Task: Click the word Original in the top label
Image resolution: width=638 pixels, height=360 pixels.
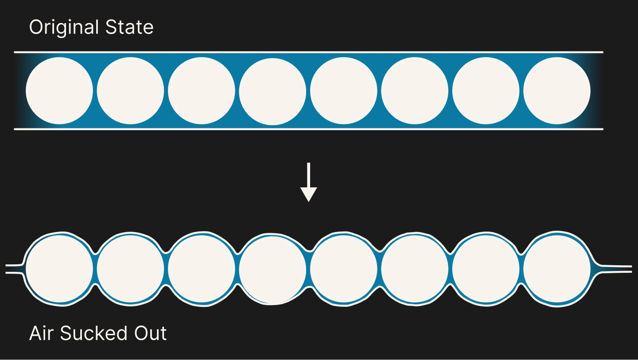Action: click(64, 27)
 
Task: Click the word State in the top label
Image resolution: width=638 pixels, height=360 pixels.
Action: click(129, 27)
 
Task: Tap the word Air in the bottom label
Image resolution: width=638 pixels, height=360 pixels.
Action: click(41, 333)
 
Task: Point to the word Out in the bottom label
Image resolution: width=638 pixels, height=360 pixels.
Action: click(150, 333)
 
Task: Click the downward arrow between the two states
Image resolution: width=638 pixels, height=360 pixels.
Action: click(308, 182)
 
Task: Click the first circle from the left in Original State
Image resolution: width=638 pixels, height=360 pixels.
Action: click(59, 90)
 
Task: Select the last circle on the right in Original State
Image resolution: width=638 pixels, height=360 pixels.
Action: click(557, 90)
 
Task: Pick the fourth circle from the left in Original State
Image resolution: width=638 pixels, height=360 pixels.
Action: click(272, 91)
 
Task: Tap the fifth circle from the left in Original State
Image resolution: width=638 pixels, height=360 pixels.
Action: click(343, 90)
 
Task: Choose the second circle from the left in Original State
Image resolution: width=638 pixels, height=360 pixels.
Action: click(130, 90)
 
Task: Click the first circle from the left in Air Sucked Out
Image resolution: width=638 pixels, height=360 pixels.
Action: click(59, 269)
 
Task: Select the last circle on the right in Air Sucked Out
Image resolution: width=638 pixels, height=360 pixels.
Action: click(557, 269)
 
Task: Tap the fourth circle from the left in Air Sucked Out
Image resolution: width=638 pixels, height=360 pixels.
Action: click(272, 270)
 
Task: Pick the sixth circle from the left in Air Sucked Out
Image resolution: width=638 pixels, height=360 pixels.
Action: click(415, 269)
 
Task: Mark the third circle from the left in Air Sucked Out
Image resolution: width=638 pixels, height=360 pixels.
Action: click(201, 269)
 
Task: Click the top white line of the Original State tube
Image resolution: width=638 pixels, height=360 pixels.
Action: click(308, 52)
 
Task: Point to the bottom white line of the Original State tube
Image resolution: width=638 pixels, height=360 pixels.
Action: click(308, 129)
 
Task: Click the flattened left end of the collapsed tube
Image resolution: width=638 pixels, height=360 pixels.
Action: click(14, 269)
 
